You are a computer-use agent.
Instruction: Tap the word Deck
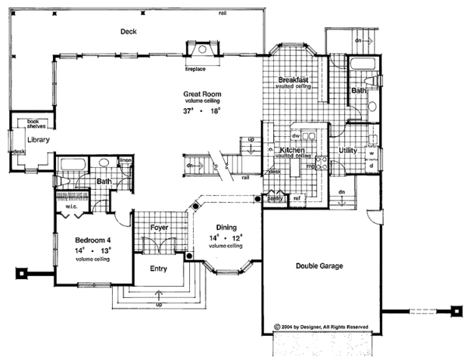[x=128, y=32]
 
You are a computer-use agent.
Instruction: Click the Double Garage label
[x=320, y=266]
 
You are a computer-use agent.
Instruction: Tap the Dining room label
[x=224, y=229]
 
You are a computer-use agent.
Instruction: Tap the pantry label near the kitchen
[x=274, y=199]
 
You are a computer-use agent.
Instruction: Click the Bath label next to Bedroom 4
[x=104, y=183]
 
